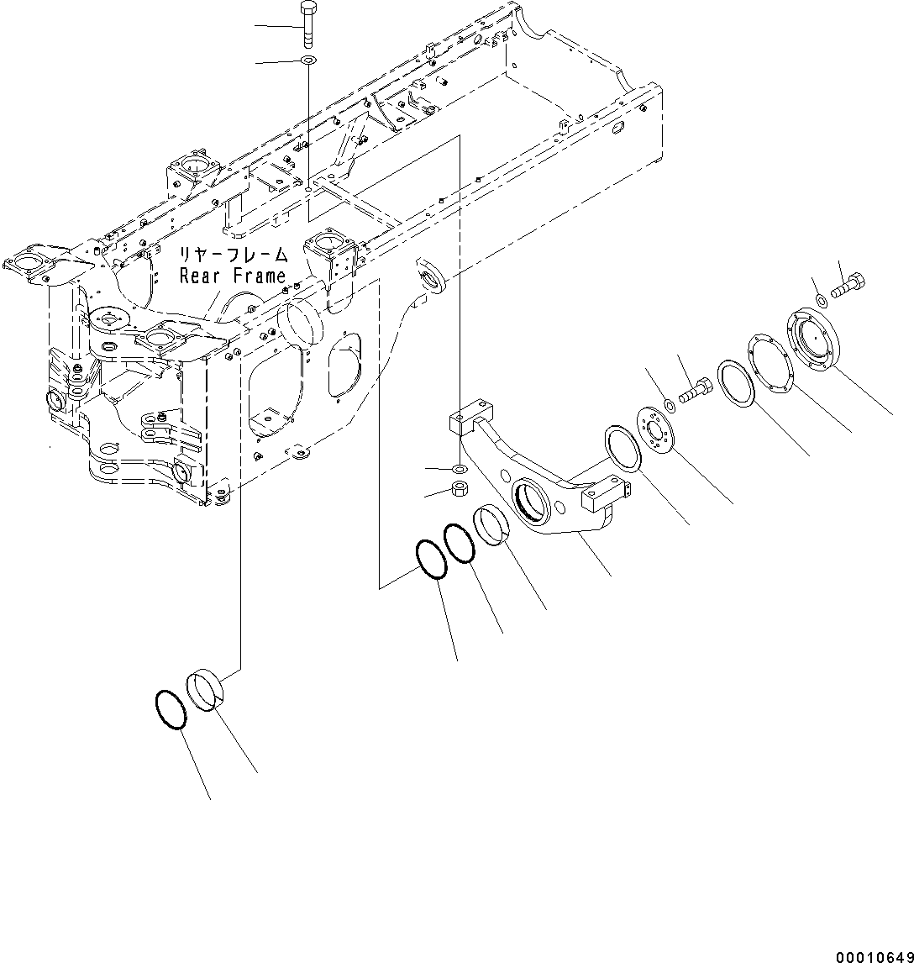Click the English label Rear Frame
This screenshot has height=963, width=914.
pyautogui.click(x=233, y=275)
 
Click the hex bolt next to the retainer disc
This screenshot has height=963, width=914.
pyautogui.click(x=696, y=391)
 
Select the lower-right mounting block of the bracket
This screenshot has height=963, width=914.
pyautogui.click(x=605, y=497)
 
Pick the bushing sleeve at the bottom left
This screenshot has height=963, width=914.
pyautogui.click(x=210, y=689)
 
